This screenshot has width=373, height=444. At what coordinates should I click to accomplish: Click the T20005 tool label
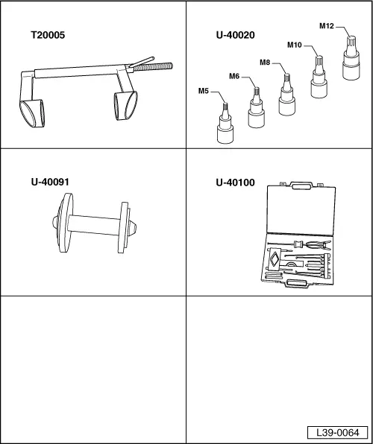click(48, 36)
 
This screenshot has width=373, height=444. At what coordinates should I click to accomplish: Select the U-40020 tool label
click(236, 36)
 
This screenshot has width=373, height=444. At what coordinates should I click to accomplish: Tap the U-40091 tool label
click(50, 182)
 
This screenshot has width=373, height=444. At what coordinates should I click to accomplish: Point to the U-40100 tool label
click(235, 183)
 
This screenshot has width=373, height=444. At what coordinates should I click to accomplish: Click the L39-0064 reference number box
click(338, 432)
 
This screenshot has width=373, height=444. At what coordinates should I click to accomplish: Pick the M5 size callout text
click(204, 91)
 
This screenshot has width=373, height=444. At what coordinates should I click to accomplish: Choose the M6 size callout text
click(234, 76)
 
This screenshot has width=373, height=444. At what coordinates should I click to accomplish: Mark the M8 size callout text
click(265, 63)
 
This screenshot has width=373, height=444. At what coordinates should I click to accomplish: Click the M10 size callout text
click(295, 45)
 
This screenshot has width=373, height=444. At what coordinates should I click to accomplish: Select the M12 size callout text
click(327, 26)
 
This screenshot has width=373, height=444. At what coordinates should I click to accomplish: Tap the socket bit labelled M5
click(225, 124)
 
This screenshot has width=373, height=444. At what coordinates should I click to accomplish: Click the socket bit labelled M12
click(351, 58)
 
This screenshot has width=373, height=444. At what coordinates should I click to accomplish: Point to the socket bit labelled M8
click(286, 95)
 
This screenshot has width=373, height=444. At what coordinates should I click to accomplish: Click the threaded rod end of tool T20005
click(153, 67)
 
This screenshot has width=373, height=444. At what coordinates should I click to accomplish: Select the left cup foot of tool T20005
click(32, 113)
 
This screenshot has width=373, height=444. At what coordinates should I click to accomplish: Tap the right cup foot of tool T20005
click(125, 106)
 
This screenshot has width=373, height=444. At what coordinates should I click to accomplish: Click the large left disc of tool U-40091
click(65, 223)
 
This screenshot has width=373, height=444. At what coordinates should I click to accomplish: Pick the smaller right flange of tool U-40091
click(124, 227)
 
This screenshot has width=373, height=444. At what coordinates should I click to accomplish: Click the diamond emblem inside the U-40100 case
click(274, 259)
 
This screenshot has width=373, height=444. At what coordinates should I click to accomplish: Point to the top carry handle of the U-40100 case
click(301, 185)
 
